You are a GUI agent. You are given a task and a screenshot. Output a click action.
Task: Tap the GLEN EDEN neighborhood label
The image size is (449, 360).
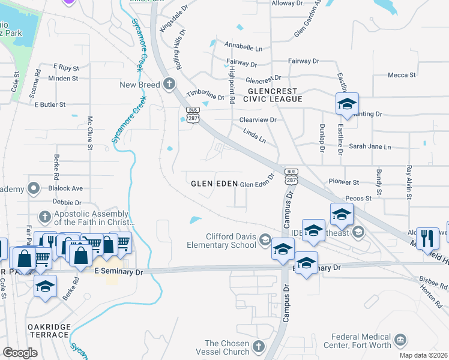(211, 184)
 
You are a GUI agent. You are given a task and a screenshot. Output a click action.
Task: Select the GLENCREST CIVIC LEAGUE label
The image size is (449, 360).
(268, 94)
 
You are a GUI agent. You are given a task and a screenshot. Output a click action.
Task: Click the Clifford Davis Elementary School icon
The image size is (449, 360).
(265, 241)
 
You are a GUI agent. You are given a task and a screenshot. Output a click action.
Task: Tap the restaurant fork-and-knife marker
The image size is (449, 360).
(427, 236)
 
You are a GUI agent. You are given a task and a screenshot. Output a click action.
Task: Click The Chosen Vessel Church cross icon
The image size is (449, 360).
(258, 346)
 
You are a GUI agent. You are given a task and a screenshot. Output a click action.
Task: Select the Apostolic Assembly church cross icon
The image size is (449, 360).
(44, 215)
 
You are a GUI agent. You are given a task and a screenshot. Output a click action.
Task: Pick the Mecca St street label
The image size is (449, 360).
(402, 75)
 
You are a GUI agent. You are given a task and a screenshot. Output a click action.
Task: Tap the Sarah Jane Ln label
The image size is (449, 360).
(370, 146)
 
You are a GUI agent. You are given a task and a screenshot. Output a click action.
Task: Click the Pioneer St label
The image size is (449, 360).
(344, 182)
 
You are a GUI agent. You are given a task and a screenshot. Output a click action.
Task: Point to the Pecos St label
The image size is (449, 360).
(359, 197)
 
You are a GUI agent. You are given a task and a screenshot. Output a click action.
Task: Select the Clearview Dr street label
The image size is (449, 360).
(258, 120)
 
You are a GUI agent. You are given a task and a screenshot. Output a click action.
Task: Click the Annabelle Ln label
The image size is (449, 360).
(244, 46)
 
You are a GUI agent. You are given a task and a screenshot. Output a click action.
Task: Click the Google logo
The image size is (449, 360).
(20, 353)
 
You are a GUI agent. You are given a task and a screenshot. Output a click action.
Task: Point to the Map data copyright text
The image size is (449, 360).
(424, 355)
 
